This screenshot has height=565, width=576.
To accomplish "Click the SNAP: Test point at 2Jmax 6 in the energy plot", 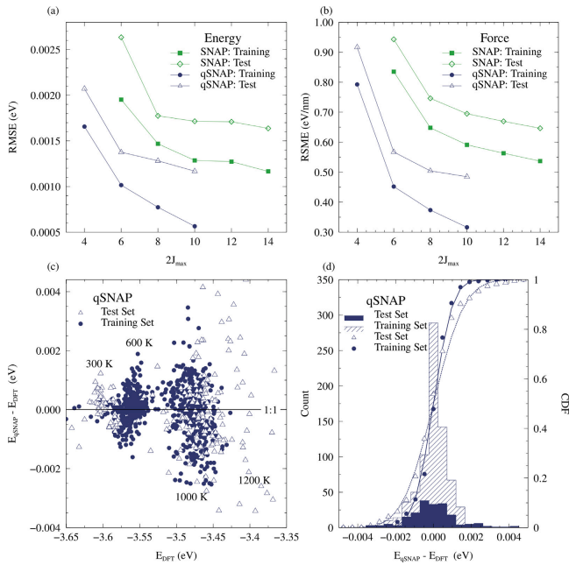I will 121,38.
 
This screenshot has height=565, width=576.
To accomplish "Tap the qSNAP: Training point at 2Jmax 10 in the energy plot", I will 195,226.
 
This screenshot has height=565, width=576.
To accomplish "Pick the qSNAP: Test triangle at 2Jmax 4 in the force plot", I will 357,46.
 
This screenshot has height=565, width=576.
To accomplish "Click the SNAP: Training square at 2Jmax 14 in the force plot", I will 539,161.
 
